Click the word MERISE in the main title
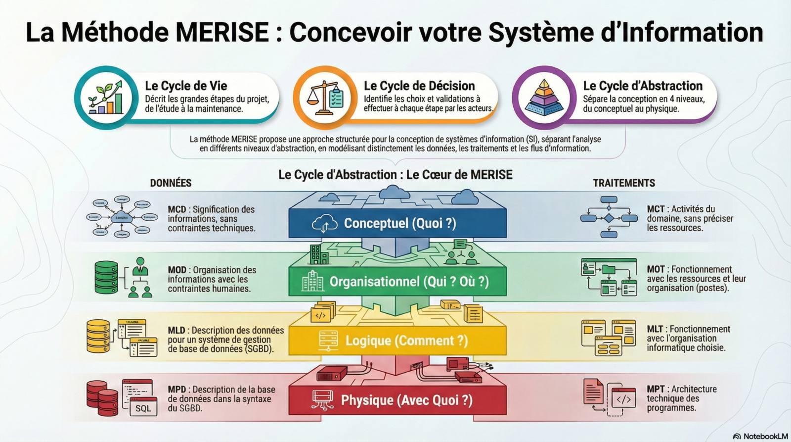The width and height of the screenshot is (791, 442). (222, 32)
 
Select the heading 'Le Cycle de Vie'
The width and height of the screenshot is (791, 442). (186, 86)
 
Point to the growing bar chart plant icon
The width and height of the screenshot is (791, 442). (105, 98)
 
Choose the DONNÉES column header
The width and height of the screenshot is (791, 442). (171, 183)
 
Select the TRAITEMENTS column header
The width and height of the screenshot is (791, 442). (624, 183)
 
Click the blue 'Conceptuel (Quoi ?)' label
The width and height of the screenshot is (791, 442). (399, 223)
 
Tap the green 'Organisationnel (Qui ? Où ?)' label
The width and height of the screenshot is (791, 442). (409, 282)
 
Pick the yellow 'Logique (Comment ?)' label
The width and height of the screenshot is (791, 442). (406, 341)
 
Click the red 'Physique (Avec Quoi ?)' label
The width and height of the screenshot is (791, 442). (406, 400)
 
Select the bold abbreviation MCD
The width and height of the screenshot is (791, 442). (177, 209)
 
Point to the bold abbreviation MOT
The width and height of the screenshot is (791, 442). (656, 269)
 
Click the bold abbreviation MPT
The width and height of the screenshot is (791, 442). (656, 389)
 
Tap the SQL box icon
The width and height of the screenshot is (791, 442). (143, 407)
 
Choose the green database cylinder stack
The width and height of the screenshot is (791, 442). (106, 277)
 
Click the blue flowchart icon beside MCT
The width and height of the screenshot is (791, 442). (609, 217)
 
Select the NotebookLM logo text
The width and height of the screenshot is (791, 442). (765, 436)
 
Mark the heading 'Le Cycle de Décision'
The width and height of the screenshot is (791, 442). (419, 86)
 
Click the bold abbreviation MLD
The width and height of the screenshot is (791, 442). (176, 330)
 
